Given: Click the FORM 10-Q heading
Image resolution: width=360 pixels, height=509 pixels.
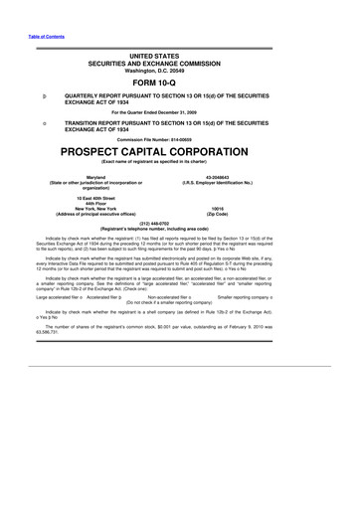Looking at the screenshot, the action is point(179,84).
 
